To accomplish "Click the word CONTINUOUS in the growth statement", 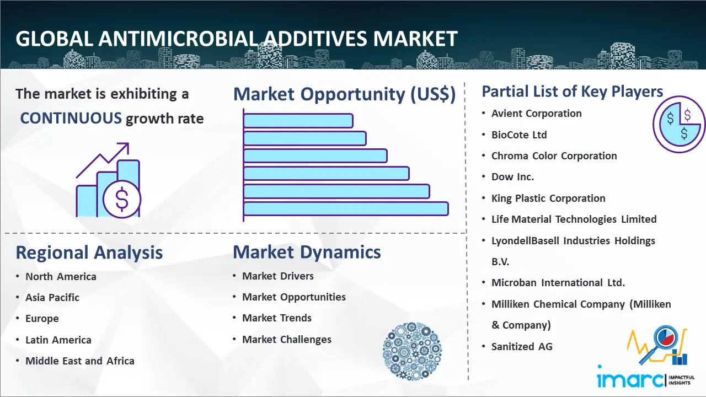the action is pyautogui.click(x=71, y=119).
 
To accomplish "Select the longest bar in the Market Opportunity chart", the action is pyautogui.click(x=346, y=209).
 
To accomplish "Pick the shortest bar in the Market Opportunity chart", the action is pyautogui.click(x=298, y=121).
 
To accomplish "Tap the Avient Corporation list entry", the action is pyautogui.click(x=537, y=114).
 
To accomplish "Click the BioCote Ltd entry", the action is pyautogui.click(x=519, y=135).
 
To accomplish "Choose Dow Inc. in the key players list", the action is pyautogui.click(x=512, y=177).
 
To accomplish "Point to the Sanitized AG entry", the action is pyautogui.click(x=522, y=347).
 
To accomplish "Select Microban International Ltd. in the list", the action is pyautogui.click(x=558, y=283).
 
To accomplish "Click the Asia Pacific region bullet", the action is pyautogui.click(x=52, y=297).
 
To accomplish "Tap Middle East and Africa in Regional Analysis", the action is pyautogui.click(x=80, y=361).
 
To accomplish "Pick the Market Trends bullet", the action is pyautogui.click(x=277, y=318).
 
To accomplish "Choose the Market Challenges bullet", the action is pyautogui.click(x=287, y=339).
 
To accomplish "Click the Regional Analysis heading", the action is pyautogui.click(x=89, y=253).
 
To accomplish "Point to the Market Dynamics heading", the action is pyautogui.click(x=307, y=252).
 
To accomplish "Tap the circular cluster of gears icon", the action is pyautogui.click(x=412, y=351).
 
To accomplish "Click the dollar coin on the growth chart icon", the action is pyautogui.click(x=122, y=200).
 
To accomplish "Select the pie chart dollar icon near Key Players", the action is pyautogui.click(x=678, y=124).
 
